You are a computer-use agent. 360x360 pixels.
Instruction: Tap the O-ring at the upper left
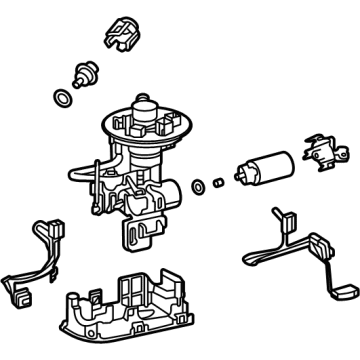(63, 99)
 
